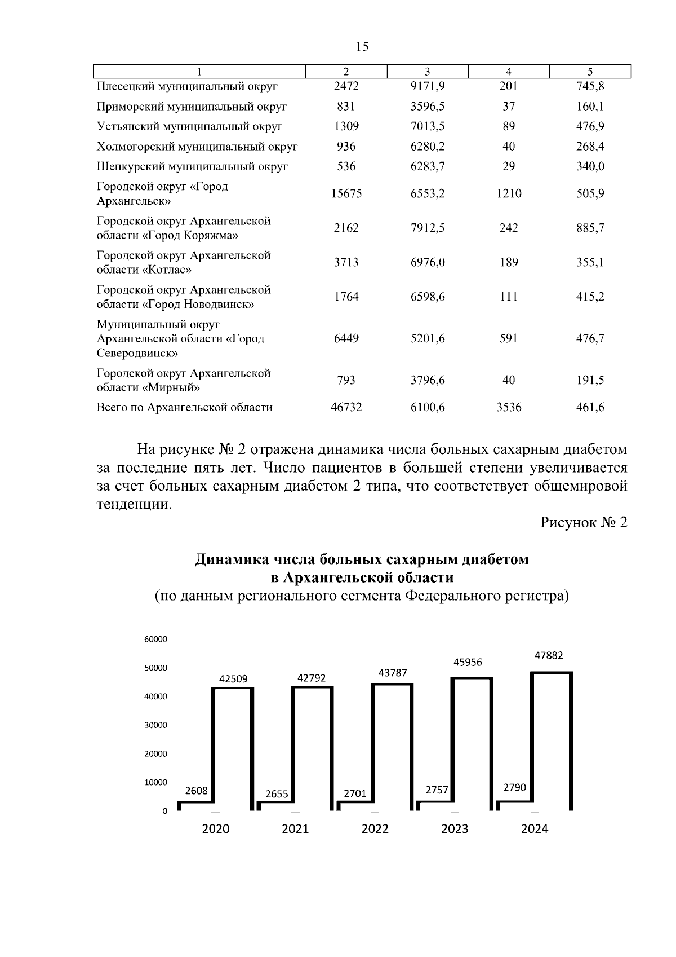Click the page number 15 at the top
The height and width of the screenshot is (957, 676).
(x=362, y=47)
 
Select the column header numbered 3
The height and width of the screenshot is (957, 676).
(x=428, y=72)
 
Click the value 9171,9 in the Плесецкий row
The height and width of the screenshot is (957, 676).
(x=428, y=87)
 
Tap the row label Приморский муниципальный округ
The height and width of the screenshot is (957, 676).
(x=192, y=107)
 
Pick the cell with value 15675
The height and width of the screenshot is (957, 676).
(x=346, y=194)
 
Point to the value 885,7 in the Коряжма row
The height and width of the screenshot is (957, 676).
(x=590, y=228)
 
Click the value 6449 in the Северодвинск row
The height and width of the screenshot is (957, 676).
(x=346, y=339)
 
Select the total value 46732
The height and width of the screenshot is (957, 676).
(x=346, y=408)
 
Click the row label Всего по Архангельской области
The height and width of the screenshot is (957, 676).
(x=185, y=408)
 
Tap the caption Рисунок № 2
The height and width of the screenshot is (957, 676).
(x=584, y=523)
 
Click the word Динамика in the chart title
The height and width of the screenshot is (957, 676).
(x=232, y=560)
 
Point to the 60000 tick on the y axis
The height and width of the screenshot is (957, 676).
(x=156, y=640)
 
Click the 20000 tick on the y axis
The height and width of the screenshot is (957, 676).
(x=156, y=754)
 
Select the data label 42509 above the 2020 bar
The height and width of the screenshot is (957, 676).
(x=233, y=679)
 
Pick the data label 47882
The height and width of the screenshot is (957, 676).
(x=549, y=656)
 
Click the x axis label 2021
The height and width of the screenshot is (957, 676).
(x=295, y=830)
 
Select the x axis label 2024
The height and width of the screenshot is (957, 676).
(x=534, y=830)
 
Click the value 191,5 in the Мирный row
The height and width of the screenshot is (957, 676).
(x=590, y=381)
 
